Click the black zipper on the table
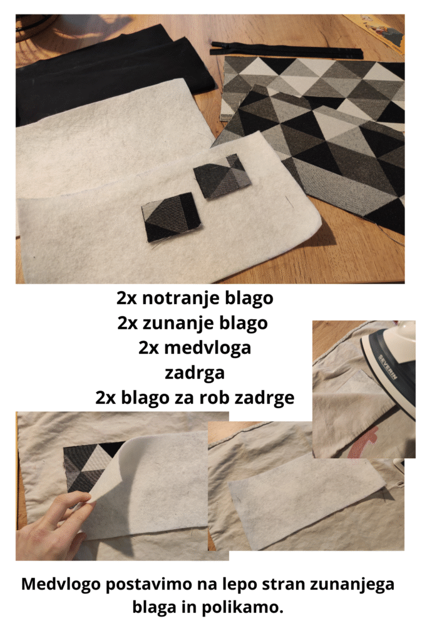286,50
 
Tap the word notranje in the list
174,299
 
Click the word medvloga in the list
207,347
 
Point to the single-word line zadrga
195,373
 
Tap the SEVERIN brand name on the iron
388,367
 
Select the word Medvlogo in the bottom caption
61,584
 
